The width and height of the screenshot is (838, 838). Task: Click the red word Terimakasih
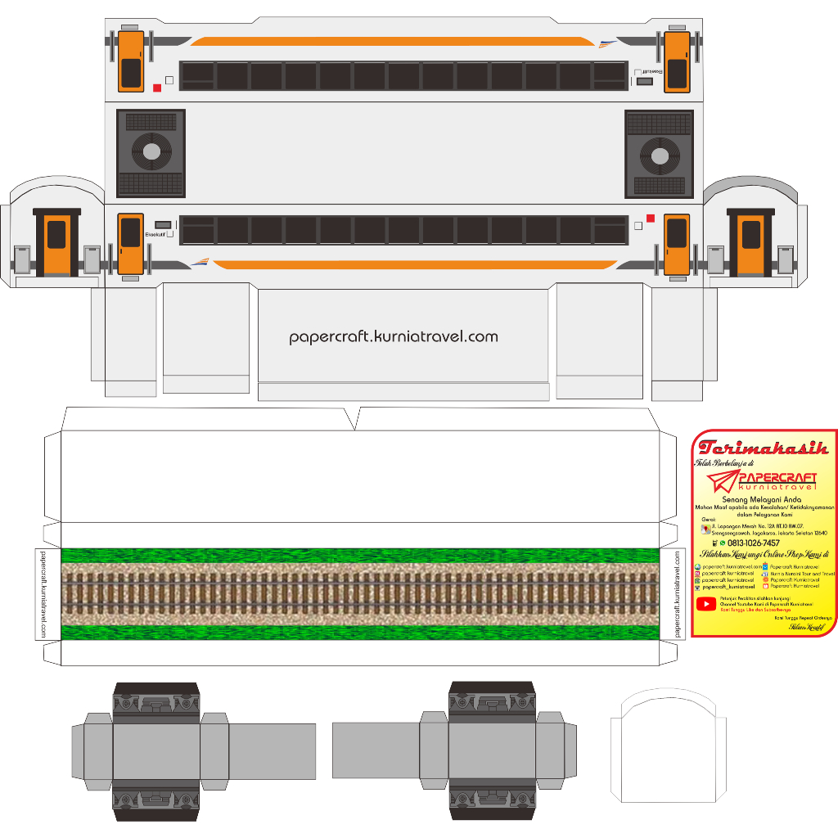click(764, 448)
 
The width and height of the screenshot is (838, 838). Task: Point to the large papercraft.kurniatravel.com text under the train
click(394, 336)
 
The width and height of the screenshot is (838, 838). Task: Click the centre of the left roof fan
click(151, 151)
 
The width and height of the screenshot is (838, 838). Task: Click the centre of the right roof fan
click(660, 154)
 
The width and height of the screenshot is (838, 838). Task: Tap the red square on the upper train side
click(157, 88)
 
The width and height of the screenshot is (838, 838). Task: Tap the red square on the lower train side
click(651, 218)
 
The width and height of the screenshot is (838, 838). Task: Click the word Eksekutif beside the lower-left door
click(155, 236)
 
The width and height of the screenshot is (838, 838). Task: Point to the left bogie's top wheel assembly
click(155, 701)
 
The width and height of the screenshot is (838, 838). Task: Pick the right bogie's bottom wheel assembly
click(492, 799)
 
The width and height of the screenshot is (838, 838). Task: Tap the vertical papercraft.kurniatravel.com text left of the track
click(43, 593)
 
